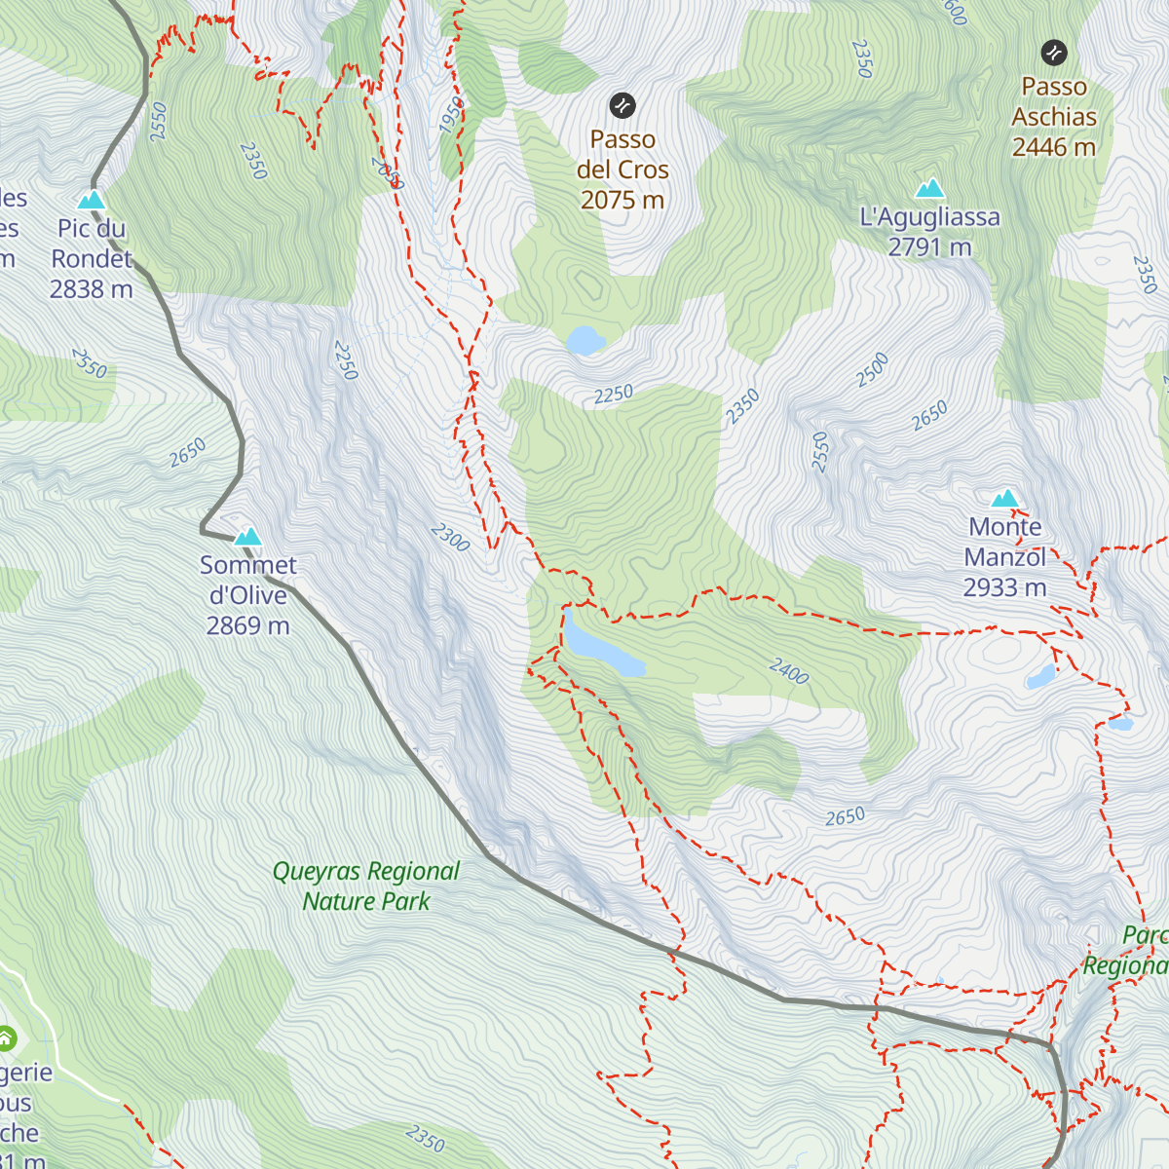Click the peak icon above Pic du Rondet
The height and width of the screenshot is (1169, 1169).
pyautogui.click(x=92, y=200)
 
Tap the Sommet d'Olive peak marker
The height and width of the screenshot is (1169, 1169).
pyautogui.click(x=248, y=536)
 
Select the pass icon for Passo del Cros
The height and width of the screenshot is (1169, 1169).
pyautogui.click(x=622, y=105)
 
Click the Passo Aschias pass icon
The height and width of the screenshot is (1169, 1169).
pyautogui.click(x=1053, y=52)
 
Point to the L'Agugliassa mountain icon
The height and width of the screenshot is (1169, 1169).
pyautogui.click(x=930, y=188)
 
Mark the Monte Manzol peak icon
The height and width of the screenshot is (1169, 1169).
pyautogui.click(x=1004, y=499)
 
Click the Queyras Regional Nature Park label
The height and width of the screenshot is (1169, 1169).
pyautogui.click(x=366, y=886)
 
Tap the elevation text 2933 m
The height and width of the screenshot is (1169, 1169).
pyautogui.click(x=1004, y=587)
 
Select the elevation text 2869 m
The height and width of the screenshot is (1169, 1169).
pyautogui.click(x=247, y=625)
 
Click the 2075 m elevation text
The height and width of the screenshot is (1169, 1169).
pyautogui.click(x=622, y=200)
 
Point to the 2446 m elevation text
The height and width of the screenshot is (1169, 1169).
pyautogui.click(x=1053, y=147)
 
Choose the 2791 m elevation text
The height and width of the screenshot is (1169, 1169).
pyautogui.click(x=929, y=246)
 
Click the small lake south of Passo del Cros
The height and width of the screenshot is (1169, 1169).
pyautogui.click(x=585, y=341)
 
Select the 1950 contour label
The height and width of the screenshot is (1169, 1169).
pyautogui.click(x=452, y=115)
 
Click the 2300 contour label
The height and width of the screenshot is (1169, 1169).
pyautogui.click(x=450, y=537)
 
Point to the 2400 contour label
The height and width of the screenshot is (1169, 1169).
pyautogui.click(x=788, y=671)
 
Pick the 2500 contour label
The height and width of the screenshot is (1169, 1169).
pyautogui.click(x=872, y=369)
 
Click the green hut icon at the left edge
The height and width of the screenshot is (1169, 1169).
pyautogui.click(x=6, y=1038)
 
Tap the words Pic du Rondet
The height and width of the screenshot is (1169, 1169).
pyautogui.click(x=92, y=244)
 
